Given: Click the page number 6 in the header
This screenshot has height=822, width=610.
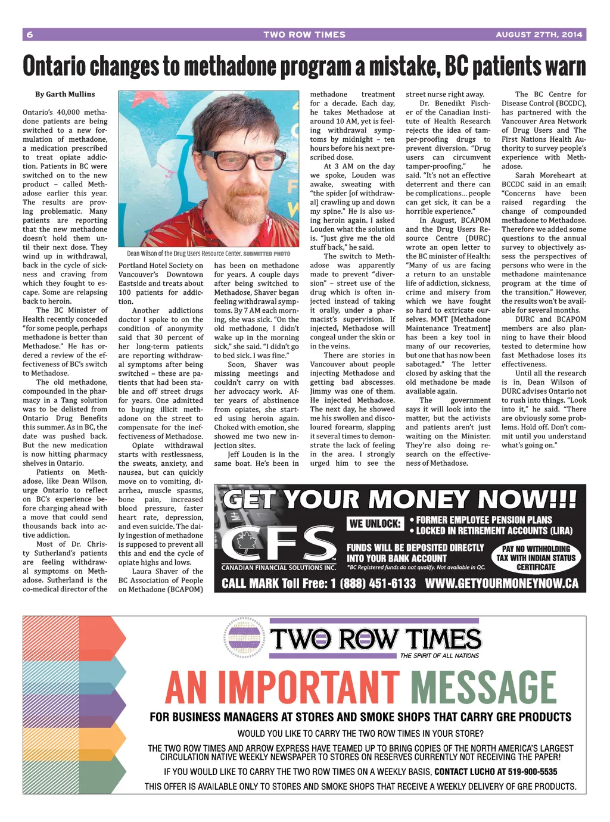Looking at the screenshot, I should (30, 35).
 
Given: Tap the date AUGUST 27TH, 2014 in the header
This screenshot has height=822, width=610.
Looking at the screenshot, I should (539, 35).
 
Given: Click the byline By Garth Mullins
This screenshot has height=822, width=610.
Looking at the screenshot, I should (65, 94).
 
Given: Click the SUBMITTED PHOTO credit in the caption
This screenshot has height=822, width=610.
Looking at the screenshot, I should (267, 254).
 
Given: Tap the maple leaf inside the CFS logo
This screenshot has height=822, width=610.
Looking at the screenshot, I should (246, 543).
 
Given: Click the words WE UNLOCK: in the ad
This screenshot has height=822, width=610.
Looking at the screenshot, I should (375, 524).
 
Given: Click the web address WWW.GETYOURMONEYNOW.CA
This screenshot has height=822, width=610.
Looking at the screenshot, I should (502, 583).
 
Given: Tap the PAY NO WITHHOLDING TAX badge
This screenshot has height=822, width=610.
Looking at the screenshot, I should (536, 558).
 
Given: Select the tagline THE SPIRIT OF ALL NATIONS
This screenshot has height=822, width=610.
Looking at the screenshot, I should (440, 656).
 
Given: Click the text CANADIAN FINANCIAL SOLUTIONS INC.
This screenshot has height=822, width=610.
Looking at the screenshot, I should (279, 568).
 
